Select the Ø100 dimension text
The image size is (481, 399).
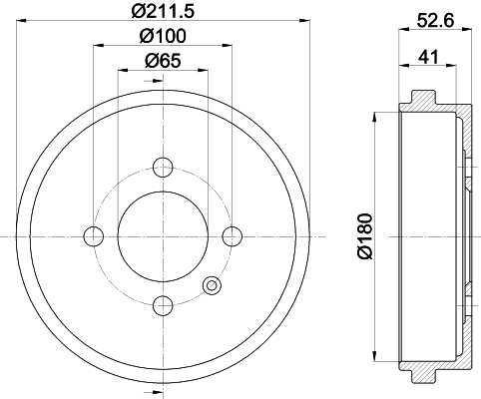pyautogui.click(x=163, y=36)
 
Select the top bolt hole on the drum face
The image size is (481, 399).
pyautogui.click(x=164, y=167)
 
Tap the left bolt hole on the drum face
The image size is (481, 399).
pyautogui.click(x=94, y=235)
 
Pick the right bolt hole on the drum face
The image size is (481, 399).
pyautogui.click(x=232, y=235)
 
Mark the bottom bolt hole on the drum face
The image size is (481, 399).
pyautogui.click(x=164, y=304)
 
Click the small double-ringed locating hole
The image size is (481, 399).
pyautogui.click(x=211, y=286)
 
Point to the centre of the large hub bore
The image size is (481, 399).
pyautogui.click(x=164, y=235)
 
